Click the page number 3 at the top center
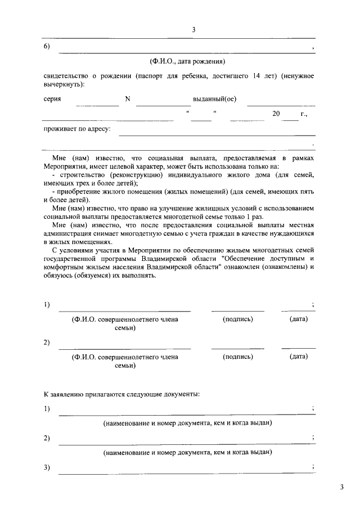(x=193, y=30)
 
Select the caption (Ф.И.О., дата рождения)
(x=187, y=61)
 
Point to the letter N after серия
(x=128, y=99)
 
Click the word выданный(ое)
(x=214, y=99)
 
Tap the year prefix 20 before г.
(x=276, y=114)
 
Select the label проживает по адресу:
(x=77, y=129)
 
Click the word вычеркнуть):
(x=64, y=84)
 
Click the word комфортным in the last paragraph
(x=64, y=267)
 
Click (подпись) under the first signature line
(x=238, y=319)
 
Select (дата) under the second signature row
(x=298, y=357)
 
